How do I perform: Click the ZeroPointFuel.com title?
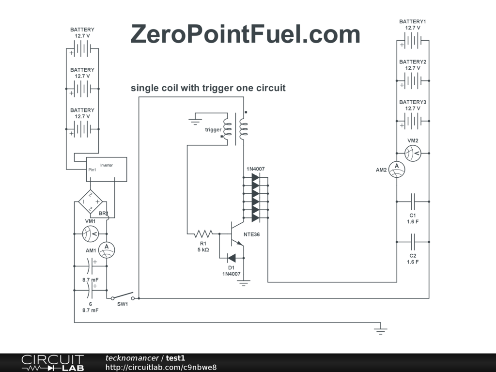(x=245, y=35)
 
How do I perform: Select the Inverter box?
(x=107, y=169)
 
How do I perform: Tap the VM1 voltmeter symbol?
(x=91, y=234)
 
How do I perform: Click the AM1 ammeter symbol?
(x=106, y=250)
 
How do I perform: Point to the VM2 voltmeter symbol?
(x=413, y=154)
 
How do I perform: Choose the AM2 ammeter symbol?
(x=397, y=169)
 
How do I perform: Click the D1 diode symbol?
(x=232, y=258)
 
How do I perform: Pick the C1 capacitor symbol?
(x=413, y=201)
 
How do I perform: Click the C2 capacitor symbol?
(x=413, y=241)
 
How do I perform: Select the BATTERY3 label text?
(x=413, y=102)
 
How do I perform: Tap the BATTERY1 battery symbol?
(x=413, y=41)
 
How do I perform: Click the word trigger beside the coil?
(x=213, y=129)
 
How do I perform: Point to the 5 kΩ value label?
(x=203, y=250)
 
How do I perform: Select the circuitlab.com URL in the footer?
(x=161, y=367)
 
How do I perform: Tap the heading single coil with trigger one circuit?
(x=208, y=88)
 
